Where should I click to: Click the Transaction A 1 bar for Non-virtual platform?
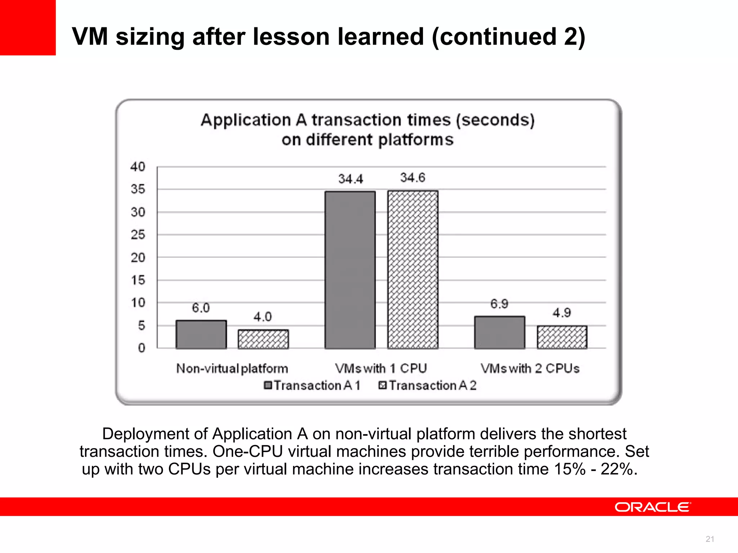pyautogui.click(x=201, y=334)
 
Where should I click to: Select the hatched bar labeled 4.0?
pyautogui.click(x=263, y=339)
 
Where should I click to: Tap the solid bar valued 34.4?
pyautogui.click(x=350, y=270)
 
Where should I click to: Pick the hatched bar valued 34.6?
pyautogui.click(x=413, y=270)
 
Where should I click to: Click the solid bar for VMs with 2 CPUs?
pyautogui.click(x=499, y=332)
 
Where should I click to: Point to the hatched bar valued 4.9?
pyautogui.click(x=562, y=337)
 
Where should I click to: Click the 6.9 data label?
pyautogui.click(x=499, y=304)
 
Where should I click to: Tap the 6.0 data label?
pyautogui.click(x=200, y=308)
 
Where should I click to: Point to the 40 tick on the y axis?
pyautogui.click(x=138, y=167)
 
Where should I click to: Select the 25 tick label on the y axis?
pyautogui.click(x=138, y=235)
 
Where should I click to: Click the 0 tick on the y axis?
pyautogui.click(x=141, y=348)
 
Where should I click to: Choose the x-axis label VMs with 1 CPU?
pyautogui.click(x=381, y=368)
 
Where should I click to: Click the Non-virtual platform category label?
pyautogui.click(x=232, y=368)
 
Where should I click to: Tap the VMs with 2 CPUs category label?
pyautogui.click(x=530, y=368)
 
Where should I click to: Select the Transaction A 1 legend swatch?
pyautogui.click(x=268, y=385)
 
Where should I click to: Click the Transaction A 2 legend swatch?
pyautogui.click(x=382, y=385)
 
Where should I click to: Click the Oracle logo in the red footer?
pyautogui.click(x=653, y=507)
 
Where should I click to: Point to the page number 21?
pyautogui.click(x=710, y=539)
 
